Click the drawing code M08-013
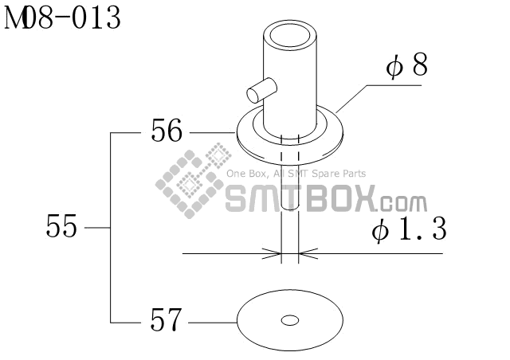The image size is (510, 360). (x=62, y=18)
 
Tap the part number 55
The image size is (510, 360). (x=61, y=225)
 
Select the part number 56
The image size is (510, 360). (x=167, y=131)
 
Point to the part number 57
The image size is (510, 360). (x=165, y=319)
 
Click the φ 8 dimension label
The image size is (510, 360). (x=406, y=65)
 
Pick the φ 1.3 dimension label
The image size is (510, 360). (x=409, y=229)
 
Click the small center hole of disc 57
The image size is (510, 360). (x=290, y=321)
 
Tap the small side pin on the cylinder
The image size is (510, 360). (x=262, y=91)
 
